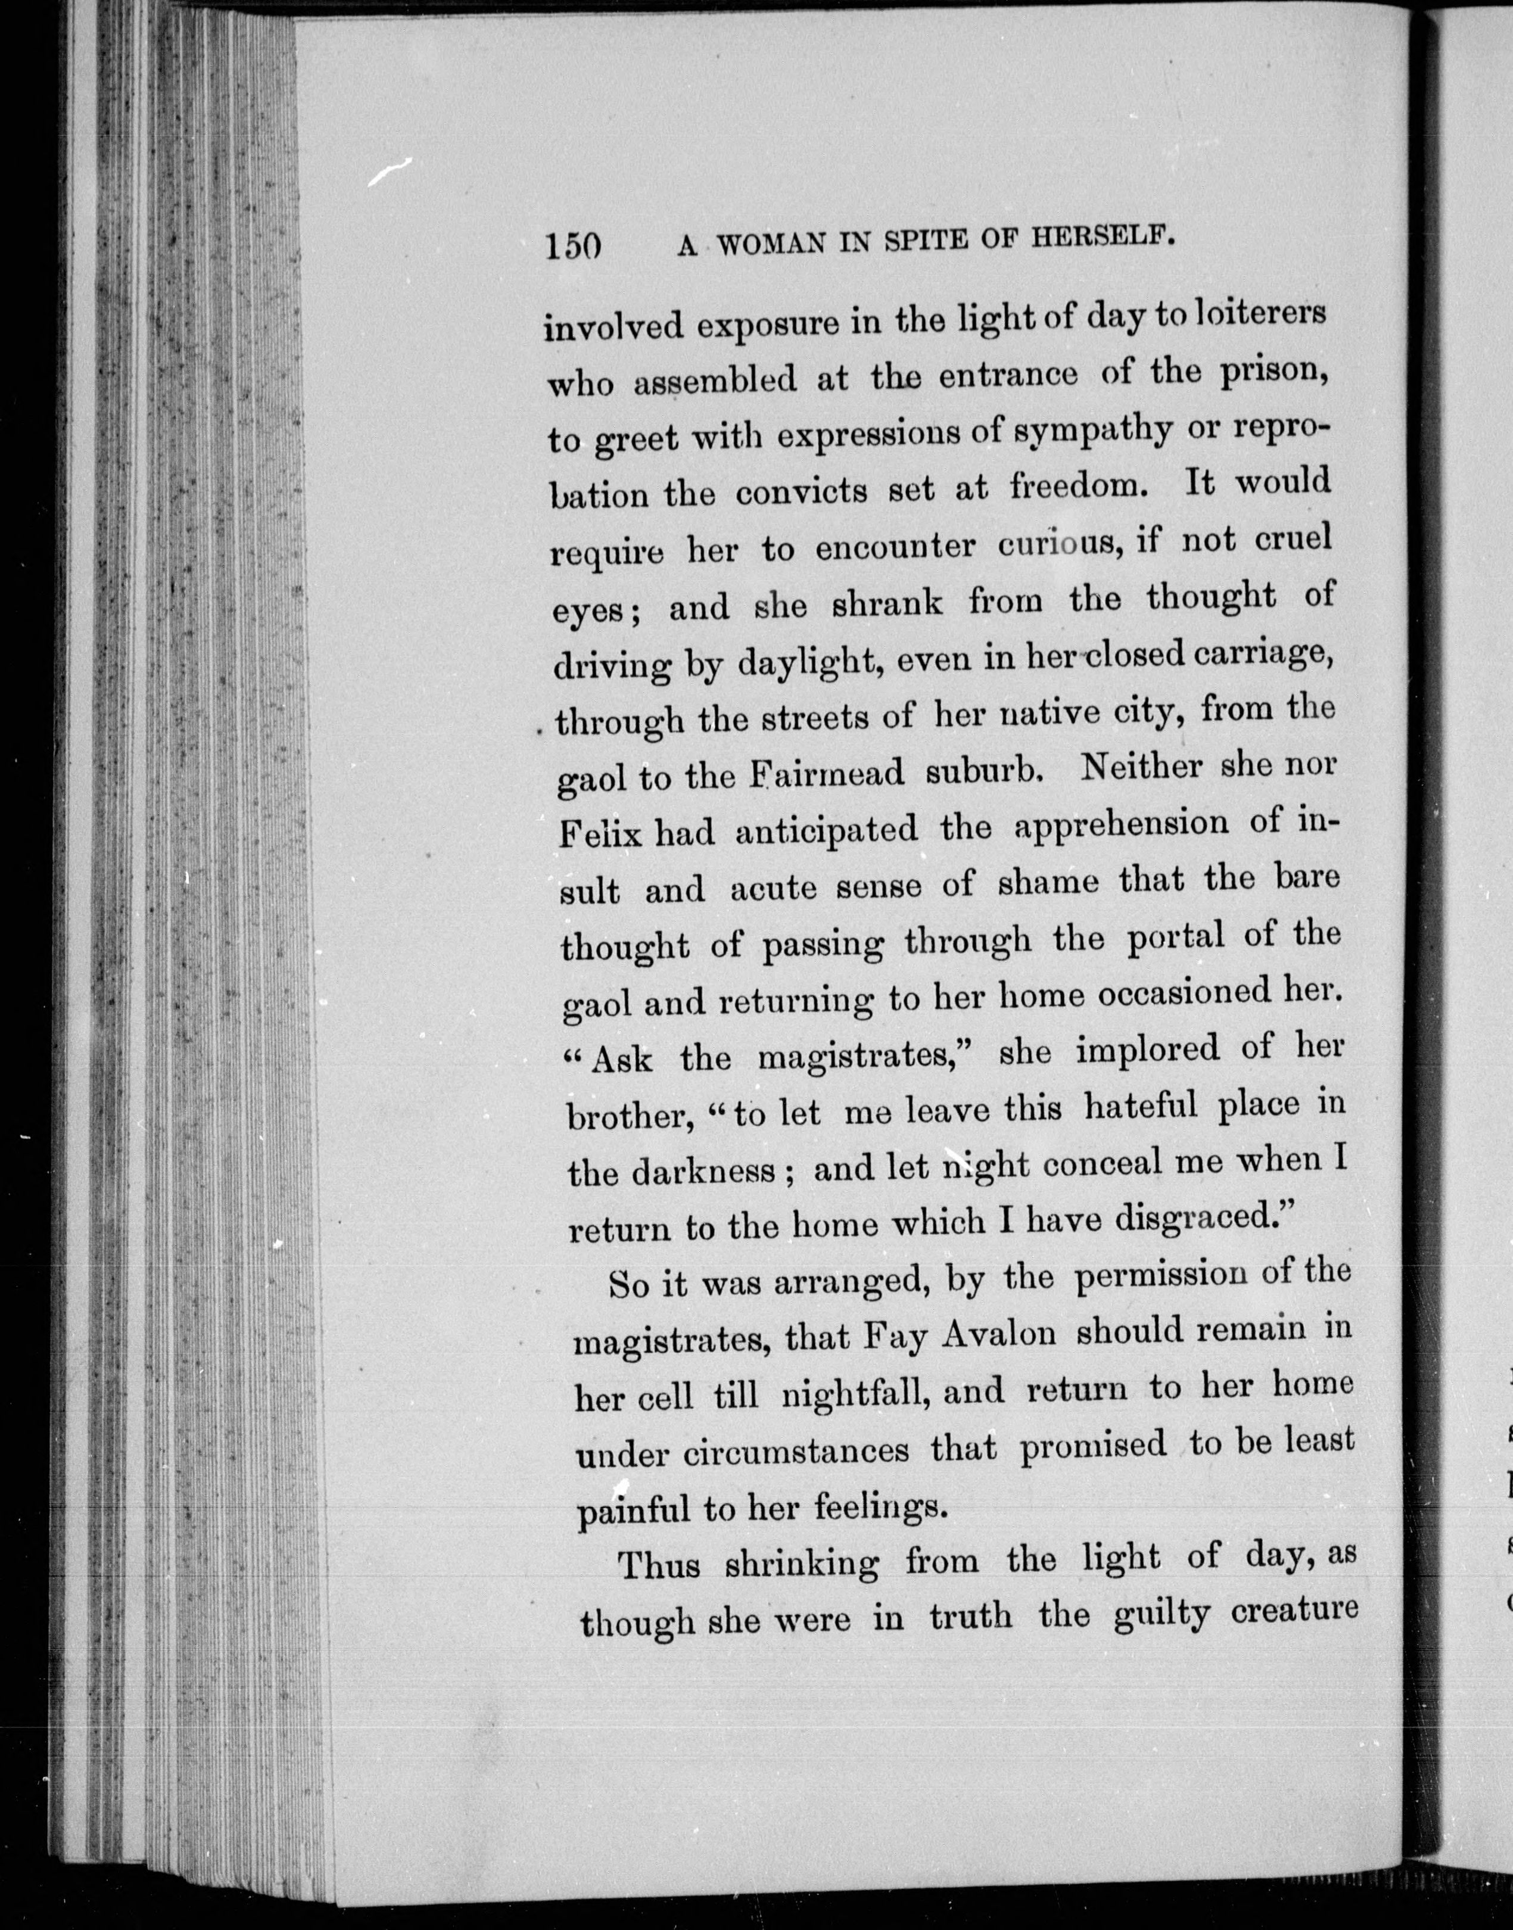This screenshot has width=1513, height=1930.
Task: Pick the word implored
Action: [1147, 1050]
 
